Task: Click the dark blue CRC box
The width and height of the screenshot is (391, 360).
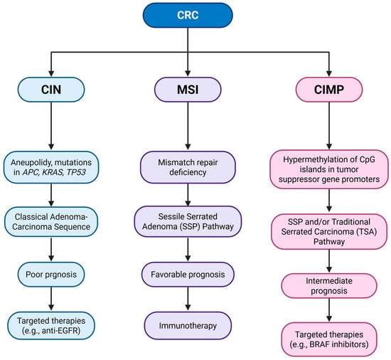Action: (x=188, y=15)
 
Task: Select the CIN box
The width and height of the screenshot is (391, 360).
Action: (x=51, y=90)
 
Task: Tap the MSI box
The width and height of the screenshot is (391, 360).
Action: (x=188, y=90)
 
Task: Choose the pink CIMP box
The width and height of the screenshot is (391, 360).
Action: (x=329, y=90)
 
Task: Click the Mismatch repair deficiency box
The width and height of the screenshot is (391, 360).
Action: (x=188, y=167)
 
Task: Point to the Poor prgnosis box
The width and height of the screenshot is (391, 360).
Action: (x=51, y=275)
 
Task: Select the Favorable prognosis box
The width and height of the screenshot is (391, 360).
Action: (x=188, y=275)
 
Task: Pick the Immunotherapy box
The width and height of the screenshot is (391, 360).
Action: (x=188, y=326)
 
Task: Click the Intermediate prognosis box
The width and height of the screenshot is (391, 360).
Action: (x=329, y=286)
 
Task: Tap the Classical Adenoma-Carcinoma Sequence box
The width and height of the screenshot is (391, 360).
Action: (x=51, y=222)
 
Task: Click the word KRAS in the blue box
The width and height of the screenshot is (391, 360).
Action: (x=53, y=172)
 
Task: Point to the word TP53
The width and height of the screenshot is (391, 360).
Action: (x=76, y=172)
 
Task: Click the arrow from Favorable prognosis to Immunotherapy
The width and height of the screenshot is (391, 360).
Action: (x=188, y=299)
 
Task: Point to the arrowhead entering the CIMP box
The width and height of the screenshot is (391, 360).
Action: (x=329, y=73)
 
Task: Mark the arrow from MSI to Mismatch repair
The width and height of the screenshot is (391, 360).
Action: (x=188, y=126)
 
